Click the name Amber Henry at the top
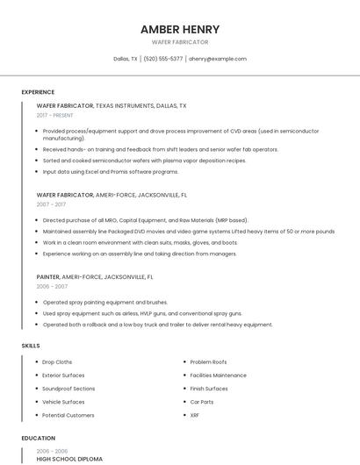(x=180, y=29)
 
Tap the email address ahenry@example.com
(x=218, y=59)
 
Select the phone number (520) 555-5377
(x=163, y=59)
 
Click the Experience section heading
(x=38, y=92)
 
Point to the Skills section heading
(x=31, y=346)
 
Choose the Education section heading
(x=39, y=438)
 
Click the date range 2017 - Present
(x=55, y=115)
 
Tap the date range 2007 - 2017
(x=51, y=204)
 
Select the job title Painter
(x=48, y=276)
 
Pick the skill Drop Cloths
(x=57, y=361)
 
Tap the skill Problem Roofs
(x=208, y=361)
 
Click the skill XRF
(x=195, y=414)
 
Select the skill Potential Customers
(x=68, y=414)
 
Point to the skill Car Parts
(x=202, y=401)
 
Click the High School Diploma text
(x=69, y=459)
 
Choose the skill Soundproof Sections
(x=68, y=388)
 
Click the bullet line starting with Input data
(x=111, y=172)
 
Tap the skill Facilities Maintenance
(x=218, y=375)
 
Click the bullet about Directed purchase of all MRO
(x=145, y=220)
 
